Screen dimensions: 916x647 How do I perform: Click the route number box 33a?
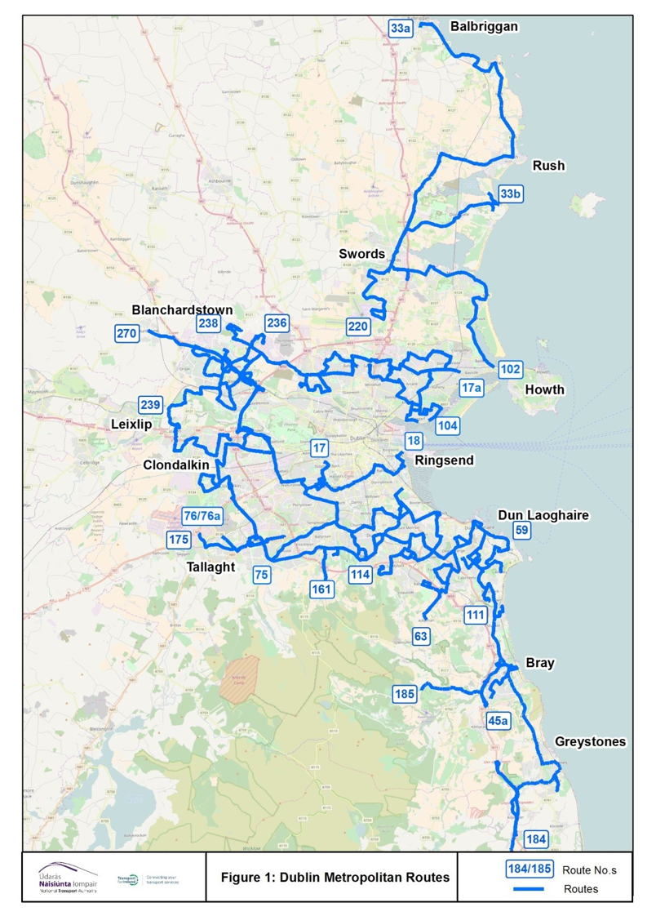pos(400,28)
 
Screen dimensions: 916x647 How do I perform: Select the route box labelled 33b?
pos(510,194)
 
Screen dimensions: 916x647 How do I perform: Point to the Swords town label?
pos(361,254)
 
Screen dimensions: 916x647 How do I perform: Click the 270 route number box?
pos(126,333)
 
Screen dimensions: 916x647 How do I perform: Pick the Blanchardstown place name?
pos(182,310)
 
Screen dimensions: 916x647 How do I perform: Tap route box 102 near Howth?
pos(510,370)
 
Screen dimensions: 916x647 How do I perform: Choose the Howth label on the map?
pos(544,389)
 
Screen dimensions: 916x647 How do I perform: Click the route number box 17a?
pos(471,387)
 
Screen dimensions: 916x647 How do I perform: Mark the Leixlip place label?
pos(131,425)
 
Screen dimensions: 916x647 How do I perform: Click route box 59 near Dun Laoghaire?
pos(522,530)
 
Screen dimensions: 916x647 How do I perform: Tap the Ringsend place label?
pos(444,460)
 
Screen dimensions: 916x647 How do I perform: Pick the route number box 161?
pos(323,588)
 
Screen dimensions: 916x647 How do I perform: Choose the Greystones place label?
pos(590,741)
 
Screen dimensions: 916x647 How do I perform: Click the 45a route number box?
pos(498,721)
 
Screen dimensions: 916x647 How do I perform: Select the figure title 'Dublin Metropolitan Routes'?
pos(335,877)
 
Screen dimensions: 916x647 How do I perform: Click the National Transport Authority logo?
pos(69,878)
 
